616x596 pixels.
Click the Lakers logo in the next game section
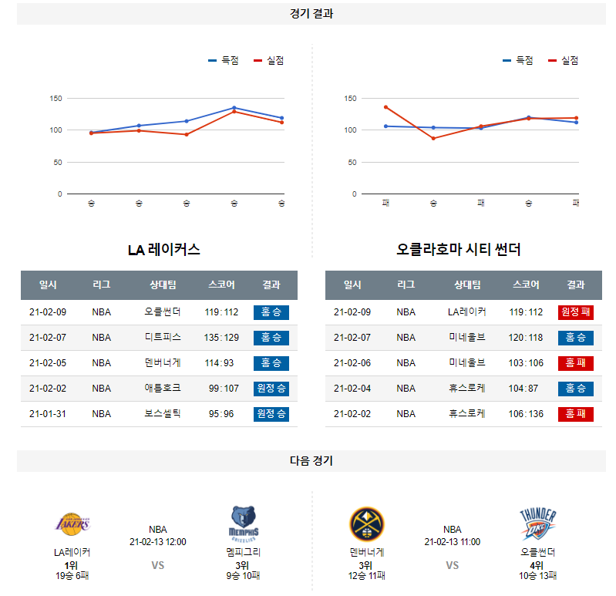[x=72, y=524]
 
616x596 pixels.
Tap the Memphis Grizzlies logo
[x=244, y=523]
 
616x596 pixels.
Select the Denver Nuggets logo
[x=367, y=524]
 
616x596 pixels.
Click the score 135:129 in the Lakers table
[x=221, y=338]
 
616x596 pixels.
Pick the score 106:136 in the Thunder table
[x=526, y=414]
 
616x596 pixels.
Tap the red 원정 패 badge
[x=575, y=312]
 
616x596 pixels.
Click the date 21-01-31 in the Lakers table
[x=48, y=414]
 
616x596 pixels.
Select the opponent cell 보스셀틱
[x=163, y=414]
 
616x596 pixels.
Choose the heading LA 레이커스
[x=163, y=250]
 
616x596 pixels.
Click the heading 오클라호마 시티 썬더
[x=459, y=250]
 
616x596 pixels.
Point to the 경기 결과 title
[x=311, y=14]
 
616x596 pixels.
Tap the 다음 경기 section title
[x=311, y=461]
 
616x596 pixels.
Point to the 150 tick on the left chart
[x=56, y=99]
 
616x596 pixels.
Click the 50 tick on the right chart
[x=352, y=162]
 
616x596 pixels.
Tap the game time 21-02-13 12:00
[x=158, y=542]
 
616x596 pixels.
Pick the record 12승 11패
[x=367, y=575]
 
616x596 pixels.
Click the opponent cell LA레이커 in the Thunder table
[x=467, y=312]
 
